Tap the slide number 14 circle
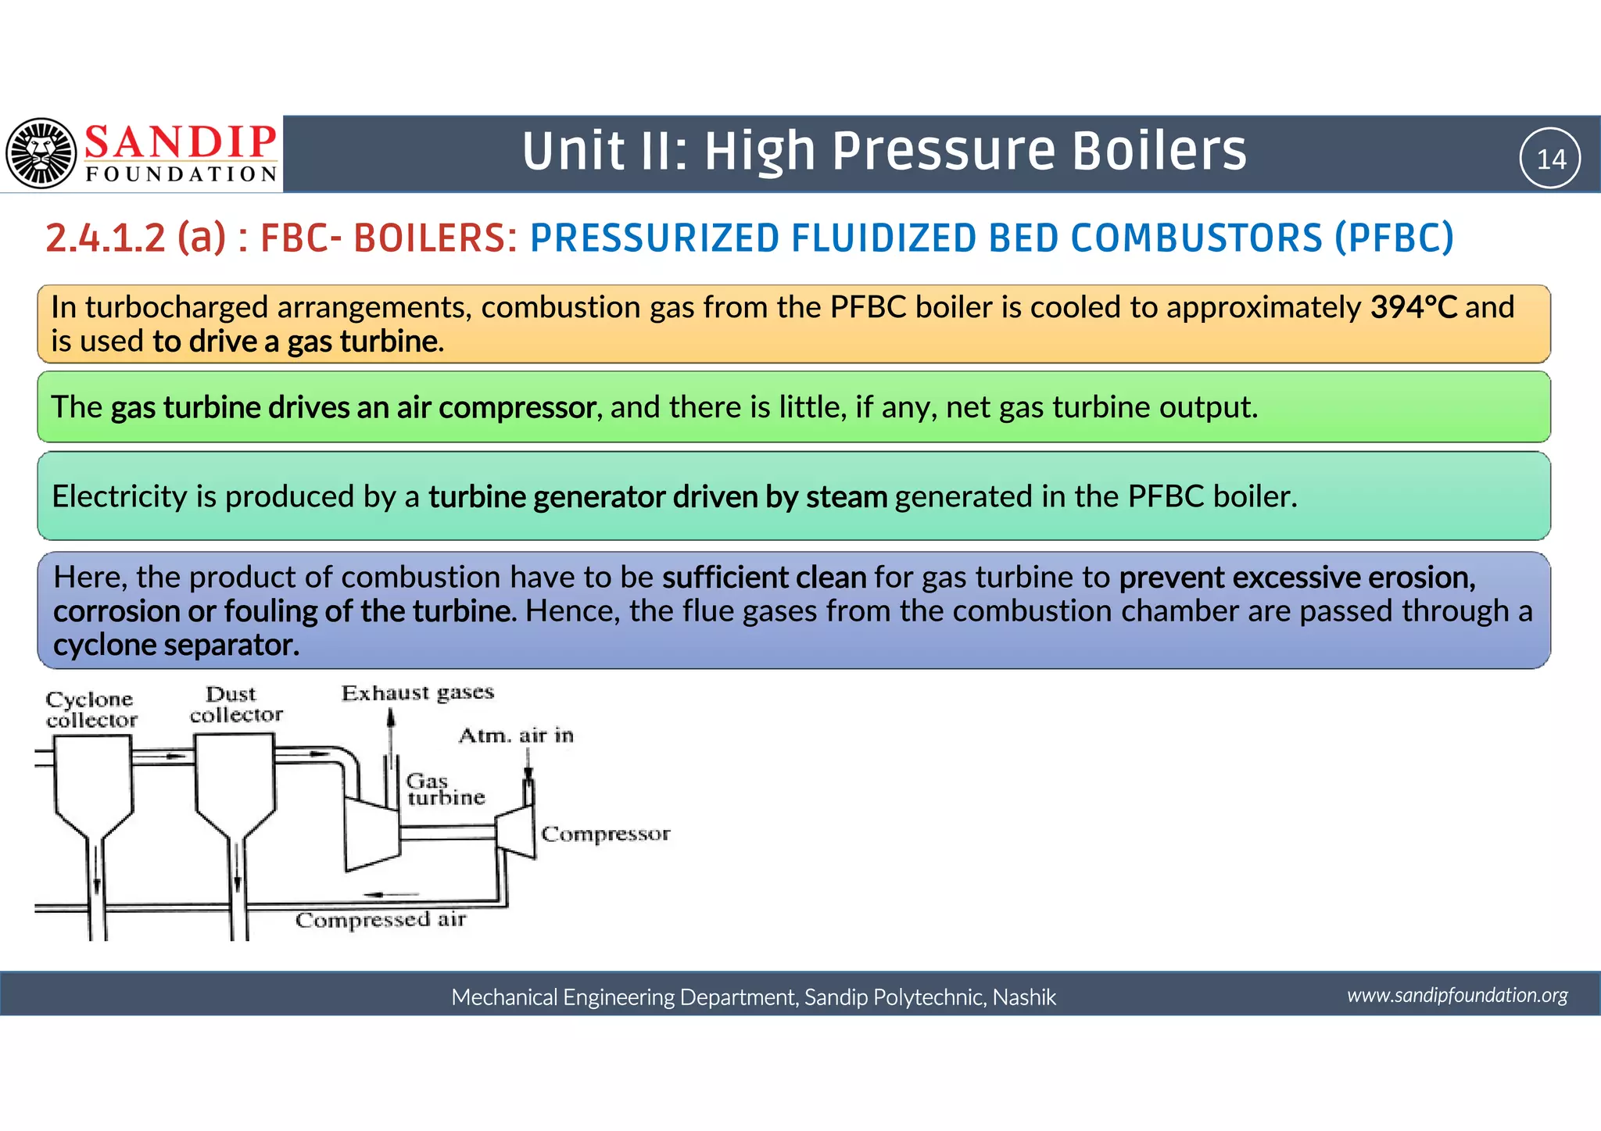[1550, 159]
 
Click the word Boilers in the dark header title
[1159, 151]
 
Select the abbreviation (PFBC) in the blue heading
[1394, 238]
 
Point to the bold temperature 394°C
[1413, 307]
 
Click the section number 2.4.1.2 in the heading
[106, 238]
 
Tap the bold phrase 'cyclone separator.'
[176, 646]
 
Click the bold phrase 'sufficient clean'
[764, 578]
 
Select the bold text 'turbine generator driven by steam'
[657, 497]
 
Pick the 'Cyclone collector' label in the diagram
[91, 709]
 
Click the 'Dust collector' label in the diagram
[235, 704]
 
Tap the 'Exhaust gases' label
[417, 693]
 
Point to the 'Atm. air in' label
[516, 736]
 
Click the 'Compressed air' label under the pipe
[381, 920]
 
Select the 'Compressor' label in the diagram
[605, 834]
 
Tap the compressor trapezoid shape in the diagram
[517, 832]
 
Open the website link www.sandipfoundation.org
[1457, 995]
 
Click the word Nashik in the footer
[1024, 997]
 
